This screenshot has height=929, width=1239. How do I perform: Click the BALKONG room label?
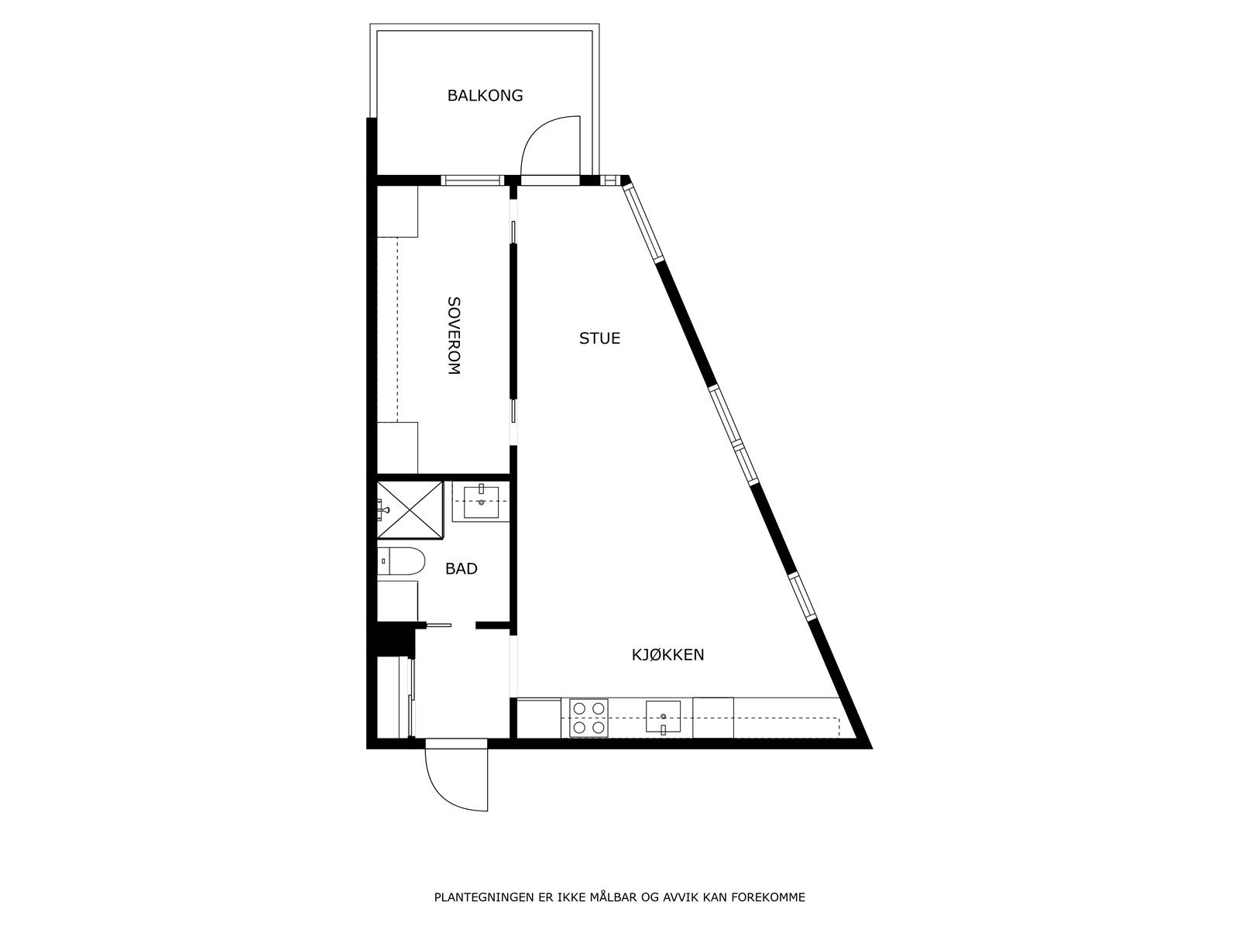coord(485,96)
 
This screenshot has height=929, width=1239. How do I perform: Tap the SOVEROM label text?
coord(454,335)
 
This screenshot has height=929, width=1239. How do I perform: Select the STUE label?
coord(599,338)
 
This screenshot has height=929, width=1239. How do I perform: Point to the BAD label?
coord(461,569)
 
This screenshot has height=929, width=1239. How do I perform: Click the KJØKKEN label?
coord(668,655)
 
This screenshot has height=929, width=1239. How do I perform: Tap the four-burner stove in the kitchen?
coord(589,718)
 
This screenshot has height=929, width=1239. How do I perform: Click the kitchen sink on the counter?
coord(663,717)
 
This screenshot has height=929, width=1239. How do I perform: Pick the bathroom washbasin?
coord(481,501)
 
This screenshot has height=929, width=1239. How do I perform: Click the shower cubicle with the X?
coord(410,509)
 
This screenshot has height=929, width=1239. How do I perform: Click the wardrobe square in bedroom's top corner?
coord(397,211)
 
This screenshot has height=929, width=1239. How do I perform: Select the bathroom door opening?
coord(452,624)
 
